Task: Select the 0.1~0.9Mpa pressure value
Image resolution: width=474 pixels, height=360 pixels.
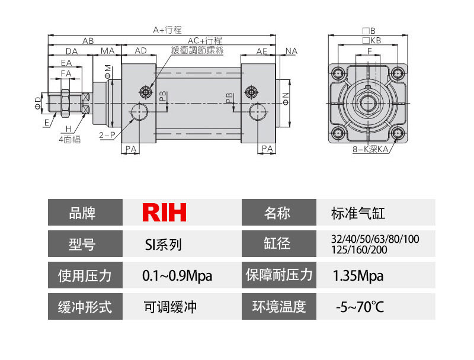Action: coord(177,276)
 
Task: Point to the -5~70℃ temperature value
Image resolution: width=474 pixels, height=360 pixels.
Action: coord(359,307)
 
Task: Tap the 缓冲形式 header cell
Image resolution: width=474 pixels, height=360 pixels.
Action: coord(85,307)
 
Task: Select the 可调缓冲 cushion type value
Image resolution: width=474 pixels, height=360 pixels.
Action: coord(170,307)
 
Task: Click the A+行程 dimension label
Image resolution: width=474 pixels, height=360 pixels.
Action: coord(167,29)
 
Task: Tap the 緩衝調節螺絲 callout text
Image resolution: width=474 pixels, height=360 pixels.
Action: coord(197,51)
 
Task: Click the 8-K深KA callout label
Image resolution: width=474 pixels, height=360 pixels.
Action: coord(370,150)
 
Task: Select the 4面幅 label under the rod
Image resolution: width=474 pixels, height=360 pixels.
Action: coord(69,139)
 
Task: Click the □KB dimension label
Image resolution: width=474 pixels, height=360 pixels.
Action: coord(371,40)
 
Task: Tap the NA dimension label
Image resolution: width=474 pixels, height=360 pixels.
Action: coord(291,52)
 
